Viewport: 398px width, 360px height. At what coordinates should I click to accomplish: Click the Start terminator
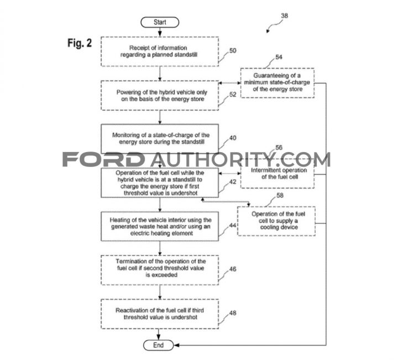[160, 22]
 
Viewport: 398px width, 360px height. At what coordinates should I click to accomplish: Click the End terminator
[159, 345]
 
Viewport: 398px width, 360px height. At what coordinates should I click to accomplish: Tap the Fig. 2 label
[80, 43]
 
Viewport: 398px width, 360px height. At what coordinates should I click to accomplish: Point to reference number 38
[284, 15]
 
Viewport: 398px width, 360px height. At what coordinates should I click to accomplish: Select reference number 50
[233, 50]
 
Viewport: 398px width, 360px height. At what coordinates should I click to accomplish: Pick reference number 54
[279, 57]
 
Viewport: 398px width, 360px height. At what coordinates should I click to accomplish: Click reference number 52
[233, 95]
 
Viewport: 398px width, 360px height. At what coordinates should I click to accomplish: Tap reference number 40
[233, 138]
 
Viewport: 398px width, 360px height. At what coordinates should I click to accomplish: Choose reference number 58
[280, 195]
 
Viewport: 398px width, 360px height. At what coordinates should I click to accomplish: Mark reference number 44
[233, 225]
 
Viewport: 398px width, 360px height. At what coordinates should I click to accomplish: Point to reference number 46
[233, 269]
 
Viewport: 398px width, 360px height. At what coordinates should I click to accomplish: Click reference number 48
[233, 313]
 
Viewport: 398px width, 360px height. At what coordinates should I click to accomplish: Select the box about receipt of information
[160, 51]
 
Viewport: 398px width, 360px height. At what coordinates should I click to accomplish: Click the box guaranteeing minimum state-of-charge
[277, 83]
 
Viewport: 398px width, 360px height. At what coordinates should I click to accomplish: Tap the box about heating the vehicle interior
[160, 226]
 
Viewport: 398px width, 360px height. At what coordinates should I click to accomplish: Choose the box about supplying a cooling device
[276, 221]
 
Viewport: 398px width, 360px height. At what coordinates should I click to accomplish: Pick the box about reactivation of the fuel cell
[160, 314]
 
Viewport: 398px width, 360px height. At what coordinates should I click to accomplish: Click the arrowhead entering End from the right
[176, 345]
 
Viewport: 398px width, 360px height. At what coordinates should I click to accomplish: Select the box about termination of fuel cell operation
[160, 270]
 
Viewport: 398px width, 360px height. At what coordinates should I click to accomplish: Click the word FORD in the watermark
[103, 159]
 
